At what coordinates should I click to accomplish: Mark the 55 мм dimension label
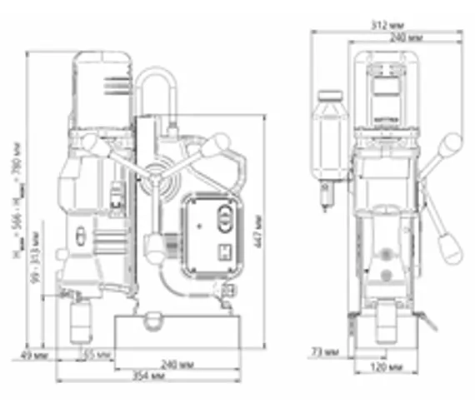pyautogui.click(x=97, y=356)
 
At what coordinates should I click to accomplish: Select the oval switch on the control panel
pyautogui.click(x=224, y=220)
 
